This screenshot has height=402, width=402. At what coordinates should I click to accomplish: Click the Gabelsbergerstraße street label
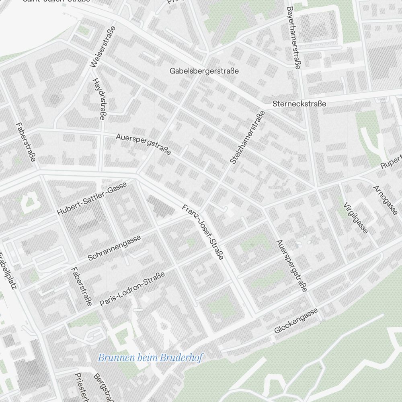tap(204, 71)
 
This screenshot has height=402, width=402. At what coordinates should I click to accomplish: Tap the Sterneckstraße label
tap(299, 104)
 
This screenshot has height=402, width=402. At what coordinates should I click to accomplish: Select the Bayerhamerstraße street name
tap(293, 38)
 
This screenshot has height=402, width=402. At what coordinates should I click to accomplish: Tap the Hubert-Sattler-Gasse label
tap(92, 198)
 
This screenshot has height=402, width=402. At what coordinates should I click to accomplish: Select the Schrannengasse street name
tap(114, 248)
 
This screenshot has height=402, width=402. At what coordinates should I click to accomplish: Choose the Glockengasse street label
tap(296, 320)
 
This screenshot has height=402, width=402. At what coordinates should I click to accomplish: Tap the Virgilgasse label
tap(355, 217)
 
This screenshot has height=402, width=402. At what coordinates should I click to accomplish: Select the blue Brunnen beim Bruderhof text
tap(150, 357)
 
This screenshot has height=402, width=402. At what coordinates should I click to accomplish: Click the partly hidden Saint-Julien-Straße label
tap(56, 1)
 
